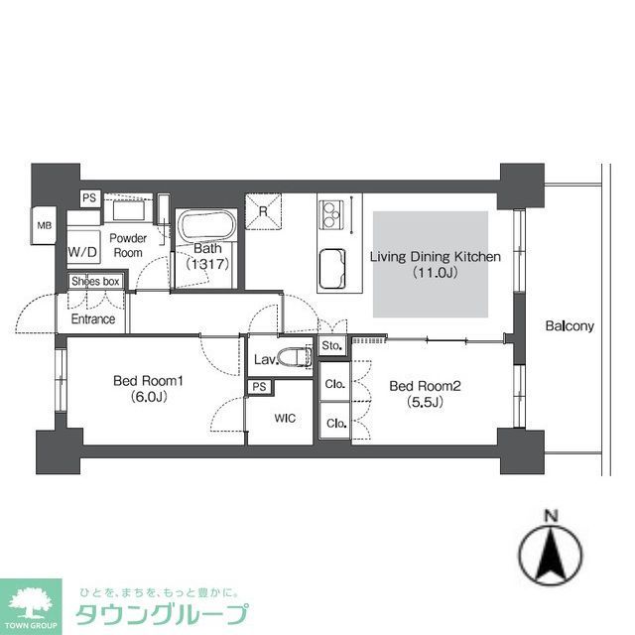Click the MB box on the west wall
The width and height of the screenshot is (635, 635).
pos(44,225)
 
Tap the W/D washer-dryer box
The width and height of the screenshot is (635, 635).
pos(82,252)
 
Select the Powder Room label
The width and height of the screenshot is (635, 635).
pos(128,245)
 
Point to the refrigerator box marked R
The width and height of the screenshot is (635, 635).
pos(263,208)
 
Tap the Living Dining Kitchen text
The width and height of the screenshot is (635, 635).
pos(435,257)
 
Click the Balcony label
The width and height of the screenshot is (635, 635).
pos(569,325)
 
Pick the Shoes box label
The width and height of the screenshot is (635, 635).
pos(95,282)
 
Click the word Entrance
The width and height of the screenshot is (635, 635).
pos(92,319)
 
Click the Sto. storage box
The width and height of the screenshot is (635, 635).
pos(331,346)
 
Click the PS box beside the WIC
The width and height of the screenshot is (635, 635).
pos(259,386)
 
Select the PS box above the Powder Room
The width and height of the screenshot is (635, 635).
pos(88,197)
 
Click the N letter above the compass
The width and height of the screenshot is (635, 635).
pos(551,515)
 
